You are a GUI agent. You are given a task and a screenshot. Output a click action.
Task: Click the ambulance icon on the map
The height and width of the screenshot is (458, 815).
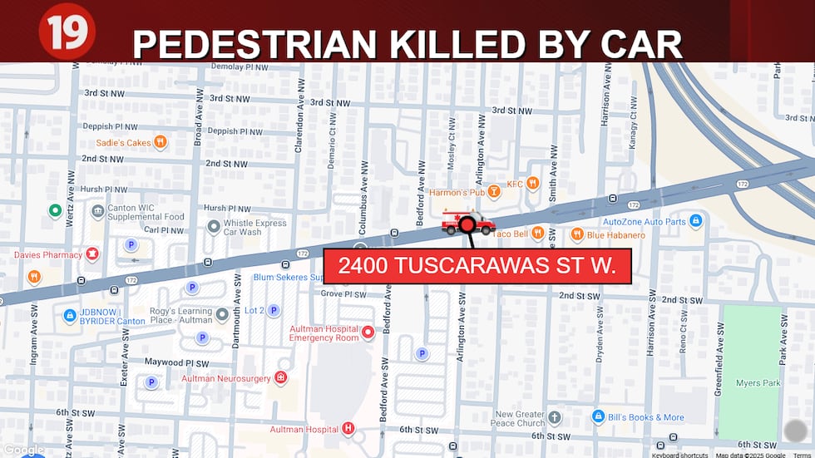pyautogui.click(x=467, y=222)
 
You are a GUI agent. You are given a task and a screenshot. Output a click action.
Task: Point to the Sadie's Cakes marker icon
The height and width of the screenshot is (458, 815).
pyautogui.click(x=161, y=142)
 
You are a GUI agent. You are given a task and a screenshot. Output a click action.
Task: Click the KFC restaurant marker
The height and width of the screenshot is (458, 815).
pyautogui.click(x=532, y=184)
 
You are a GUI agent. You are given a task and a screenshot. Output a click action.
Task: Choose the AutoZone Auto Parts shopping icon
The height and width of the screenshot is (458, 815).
pyautogui.click(x=696, y=222)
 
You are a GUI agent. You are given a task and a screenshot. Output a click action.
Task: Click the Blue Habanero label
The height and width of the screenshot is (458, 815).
pyautogui.click(x=616, y=235)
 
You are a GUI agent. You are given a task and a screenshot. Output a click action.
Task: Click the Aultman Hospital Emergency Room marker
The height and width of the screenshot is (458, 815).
pyautogui.click(x=368, y=332)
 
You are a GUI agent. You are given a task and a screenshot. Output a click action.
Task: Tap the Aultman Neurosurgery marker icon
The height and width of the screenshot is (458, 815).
pyautogui.click(x=281, y=377)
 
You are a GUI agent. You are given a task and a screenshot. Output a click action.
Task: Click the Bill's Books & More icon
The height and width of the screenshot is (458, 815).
pyautogui.click(x=598, y=416)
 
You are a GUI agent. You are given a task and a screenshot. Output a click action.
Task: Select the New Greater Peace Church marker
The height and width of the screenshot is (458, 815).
pyautogui.click(x=555, y=416)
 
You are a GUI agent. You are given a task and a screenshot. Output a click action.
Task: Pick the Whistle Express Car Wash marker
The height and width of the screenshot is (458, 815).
pyautogui.click(x=214, y=225)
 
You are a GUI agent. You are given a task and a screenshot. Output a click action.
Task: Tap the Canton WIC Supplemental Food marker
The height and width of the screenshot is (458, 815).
pyautogui.click(x=97, y=212)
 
